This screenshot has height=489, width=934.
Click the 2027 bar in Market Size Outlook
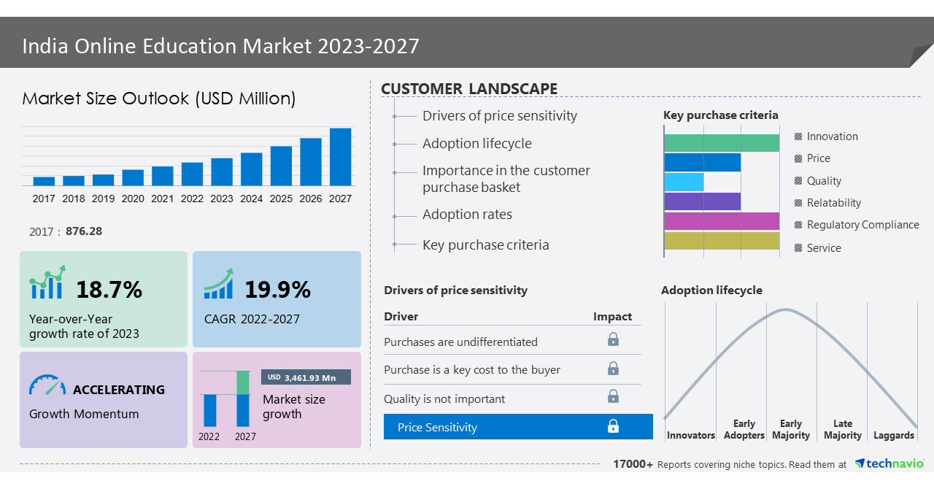[340, 157]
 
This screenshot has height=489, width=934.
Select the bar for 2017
[44, 181]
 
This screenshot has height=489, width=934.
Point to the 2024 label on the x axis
[251, 199]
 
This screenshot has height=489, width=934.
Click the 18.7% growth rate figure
[109, 290]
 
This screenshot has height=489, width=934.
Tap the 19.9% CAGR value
[277, 290]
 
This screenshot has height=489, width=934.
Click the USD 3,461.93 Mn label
[306, 377]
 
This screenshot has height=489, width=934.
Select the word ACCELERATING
[119, 390]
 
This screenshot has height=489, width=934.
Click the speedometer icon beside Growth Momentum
[47, 385]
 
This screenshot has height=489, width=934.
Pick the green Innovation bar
[722, 143]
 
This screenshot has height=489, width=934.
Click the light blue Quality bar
[684, 182]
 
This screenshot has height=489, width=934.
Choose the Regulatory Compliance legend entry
[862, 225]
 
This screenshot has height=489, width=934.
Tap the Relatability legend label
[833, 203]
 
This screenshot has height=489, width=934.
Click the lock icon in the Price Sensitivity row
[613, 426]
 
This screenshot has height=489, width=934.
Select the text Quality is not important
[444, 398]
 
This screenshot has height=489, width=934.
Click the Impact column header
[612, 317]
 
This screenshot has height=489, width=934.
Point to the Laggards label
[893, 436]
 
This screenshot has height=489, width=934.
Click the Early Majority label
[791, 429]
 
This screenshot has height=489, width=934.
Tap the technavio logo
[889, 463]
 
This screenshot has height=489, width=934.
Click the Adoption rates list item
[467, 215]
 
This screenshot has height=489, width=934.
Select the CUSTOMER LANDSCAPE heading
[469, 89]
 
